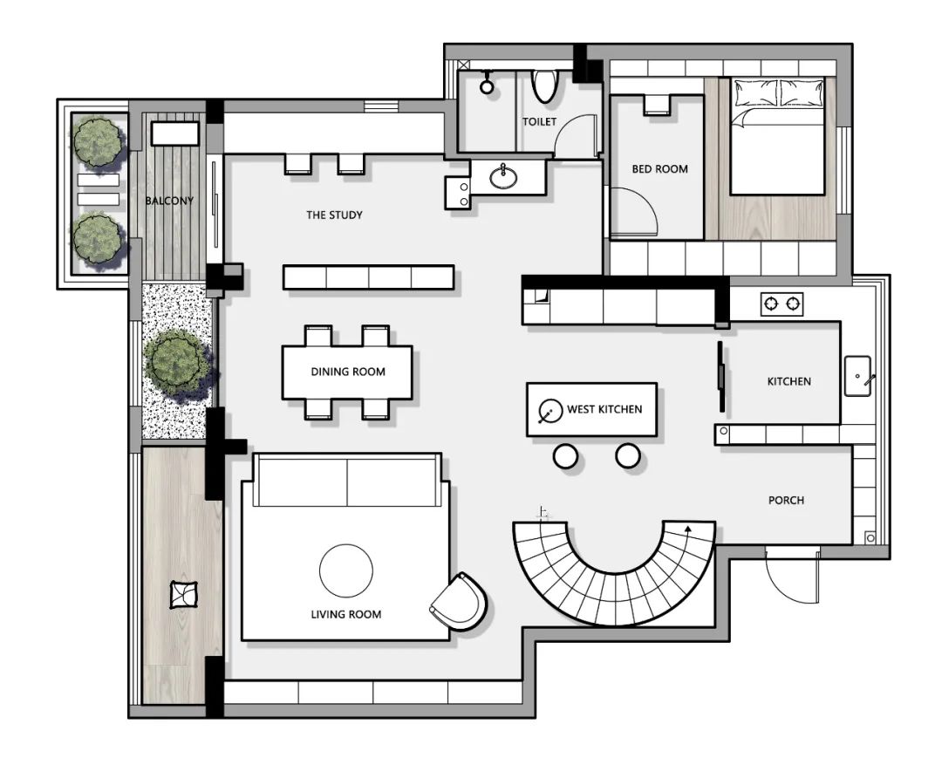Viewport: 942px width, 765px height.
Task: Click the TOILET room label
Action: point(539,121)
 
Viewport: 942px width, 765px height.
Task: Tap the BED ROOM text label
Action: point(659,169)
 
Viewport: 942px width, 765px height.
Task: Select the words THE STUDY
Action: point(334,215)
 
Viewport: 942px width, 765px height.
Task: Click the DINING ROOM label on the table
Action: point(348,372)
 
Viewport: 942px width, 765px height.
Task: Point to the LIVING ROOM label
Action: point(346,614)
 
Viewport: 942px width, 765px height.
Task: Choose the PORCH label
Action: point(786,500)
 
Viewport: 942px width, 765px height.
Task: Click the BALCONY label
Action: point(169,201)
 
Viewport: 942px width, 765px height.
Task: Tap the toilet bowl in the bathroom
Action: point(545,85)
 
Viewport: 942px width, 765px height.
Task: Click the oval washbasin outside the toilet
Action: point(503,177)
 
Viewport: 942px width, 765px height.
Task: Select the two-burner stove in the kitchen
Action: point(782,304)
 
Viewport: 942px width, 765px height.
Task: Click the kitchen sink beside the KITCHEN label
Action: point(858,376)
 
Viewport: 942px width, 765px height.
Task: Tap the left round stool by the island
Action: point(565,456)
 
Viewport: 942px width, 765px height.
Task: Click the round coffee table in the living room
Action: point(346,570)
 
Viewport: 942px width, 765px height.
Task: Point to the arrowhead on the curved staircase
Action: point(688,529)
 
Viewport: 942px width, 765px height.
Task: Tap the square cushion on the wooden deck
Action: point(184,594)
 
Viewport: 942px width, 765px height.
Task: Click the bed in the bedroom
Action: point(777,136)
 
